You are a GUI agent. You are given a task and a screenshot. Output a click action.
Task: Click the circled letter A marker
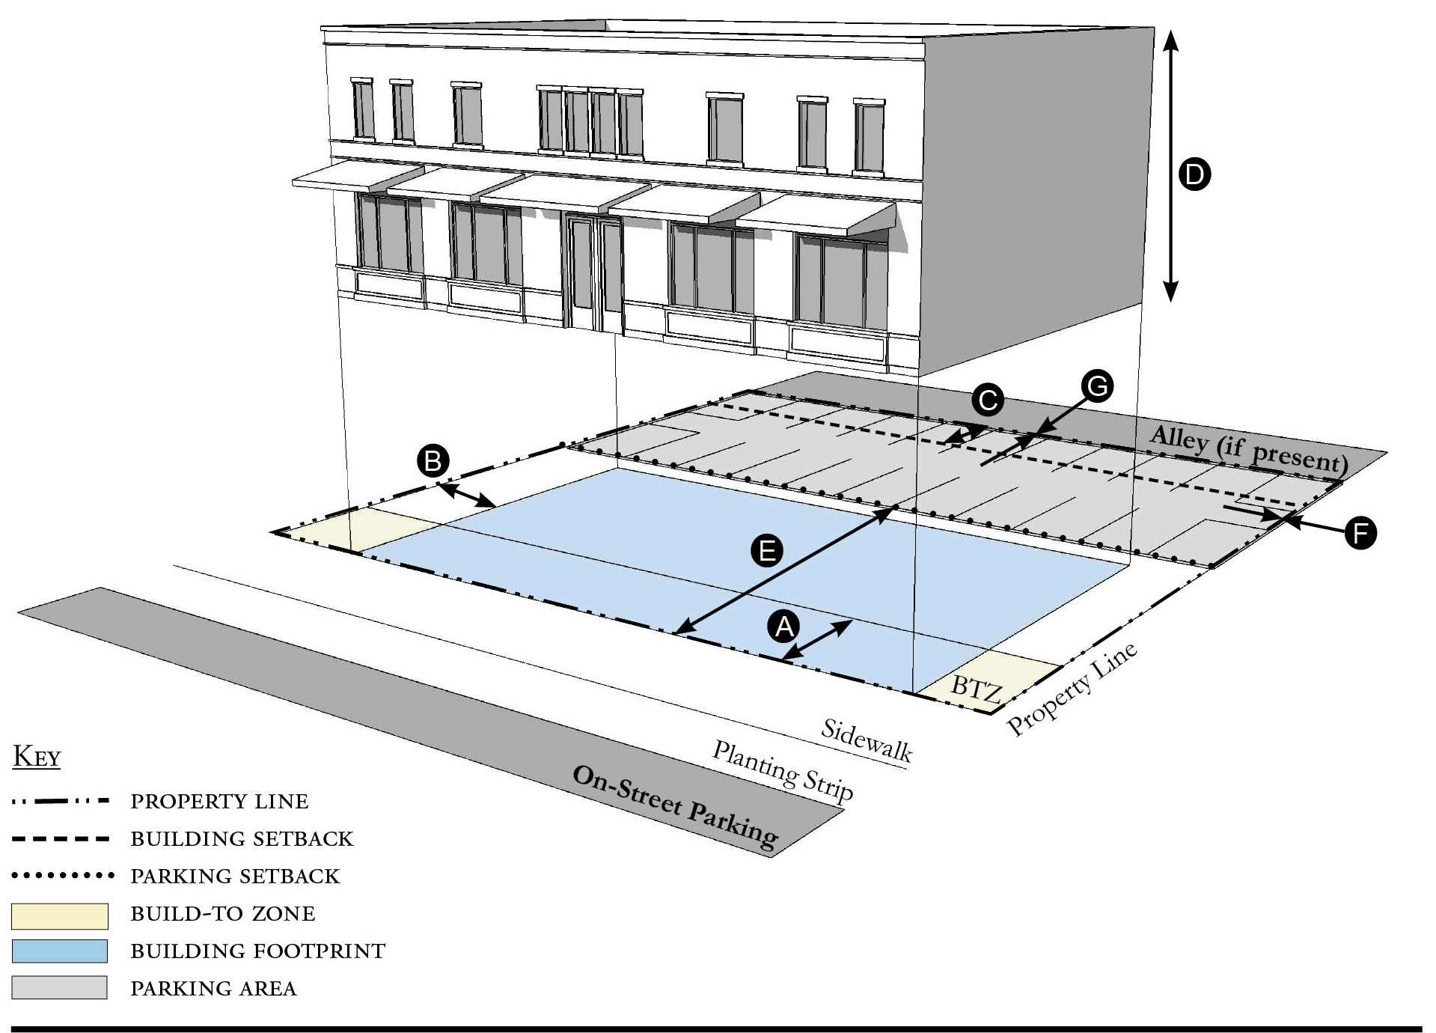pyautogui.click(x=784, y=626)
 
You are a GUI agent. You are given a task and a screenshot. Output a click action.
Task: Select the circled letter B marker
pyautogui.click(x=433, y=460)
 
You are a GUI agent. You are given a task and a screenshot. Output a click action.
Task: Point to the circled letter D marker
pyautogui.click(x=1194, y=174)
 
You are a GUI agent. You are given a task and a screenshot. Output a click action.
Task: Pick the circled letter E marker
pyautogui.click(x=767, y=552)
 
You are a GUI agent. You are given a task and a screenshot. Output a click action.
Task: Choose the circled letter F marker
pyautogui.click(x=1360, y=533)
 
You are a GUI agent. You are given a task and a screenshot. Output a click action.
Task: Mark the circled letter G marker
pyautogui.click(x=1097, y=386)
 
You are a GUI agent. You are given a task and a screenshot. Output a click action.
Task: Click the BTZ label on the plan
pyautogui.click(x=977, y=689)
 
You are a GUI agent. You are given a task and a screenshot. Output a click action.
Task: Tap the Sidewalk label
pyautogui.click(x=867, y=740)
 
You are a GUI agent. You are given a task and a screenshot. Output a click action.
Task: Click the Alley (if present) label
pyautogui.click(x=1248, y=451)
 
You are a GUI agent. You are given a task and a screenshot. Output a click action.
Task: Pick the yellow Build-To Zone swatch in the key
pyautogui.click(x=60, y=915)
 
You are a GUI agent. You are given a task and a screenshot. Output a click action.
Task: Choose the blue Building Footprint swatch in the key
pyautogui.click(x=60, y=951)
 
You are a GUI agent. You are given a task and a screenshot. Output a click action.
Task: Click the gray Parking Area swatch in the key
pyautogui.click(x=60, y=987)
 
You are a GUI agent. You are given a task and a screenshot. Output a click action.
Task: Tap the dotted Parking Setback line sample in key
pyautogui.click(x=61, y=875)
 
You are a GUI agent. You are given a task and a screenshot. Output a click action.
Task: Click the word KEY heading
pyautogui.click(x=37, y=757)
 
